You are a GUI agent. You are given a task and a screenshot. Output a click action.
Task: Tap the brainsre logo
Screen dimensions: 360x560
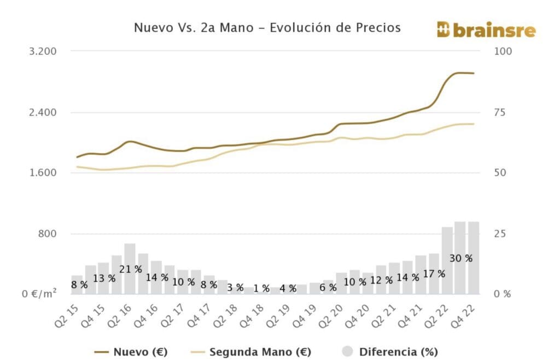486,31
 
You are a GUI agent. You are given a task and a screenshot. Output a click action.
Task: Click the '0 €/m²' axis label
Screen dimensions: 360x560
40,294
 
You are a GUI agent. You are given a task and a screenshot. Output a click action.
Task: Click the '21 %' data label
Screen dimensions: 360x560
131,269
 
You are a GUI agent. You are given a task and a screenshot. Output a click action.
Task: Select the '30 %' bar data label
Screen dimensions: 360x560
460,258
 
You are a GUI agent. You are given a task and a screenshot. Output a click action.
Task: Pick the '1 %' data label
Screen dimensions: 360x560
261,288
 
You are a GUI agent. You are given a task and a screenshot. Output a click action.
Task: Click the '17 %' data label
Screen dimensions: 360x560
434,274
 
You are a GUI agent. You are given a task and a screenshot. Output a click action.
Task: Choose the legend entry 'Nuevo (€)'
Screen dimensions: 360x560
139,352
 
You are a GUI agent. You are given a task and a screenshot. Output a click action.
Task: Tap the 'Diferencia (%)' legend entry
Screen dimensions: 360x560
399,352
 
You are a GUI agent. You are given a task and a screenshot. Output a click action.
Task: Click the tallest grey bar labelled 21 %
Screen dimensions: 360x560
130,257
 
